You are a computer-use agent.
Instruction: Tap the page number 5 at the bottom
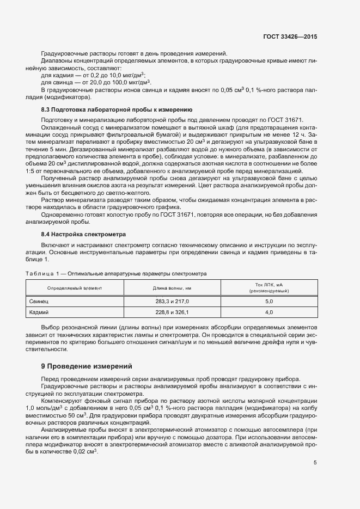click(x=315, y=463)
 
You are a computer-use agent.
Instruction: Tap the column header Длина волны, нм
click(x=172, y=287)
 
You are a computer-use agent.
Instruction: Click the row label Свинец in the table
click(x=39, y=301)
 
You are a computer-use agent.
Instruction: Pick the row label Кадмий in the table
click(x=39, y=313)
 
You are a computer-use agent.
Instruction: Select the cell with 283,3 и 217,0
click(x=172, y=301)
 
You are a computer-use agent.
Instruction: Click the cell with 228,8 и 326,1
click(x=172, y=313)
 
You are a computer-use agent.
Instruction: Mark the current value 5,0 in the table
click(x=269, y=301)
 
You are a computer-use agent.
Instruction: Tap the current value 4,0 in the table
click(x=269, y=313)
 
